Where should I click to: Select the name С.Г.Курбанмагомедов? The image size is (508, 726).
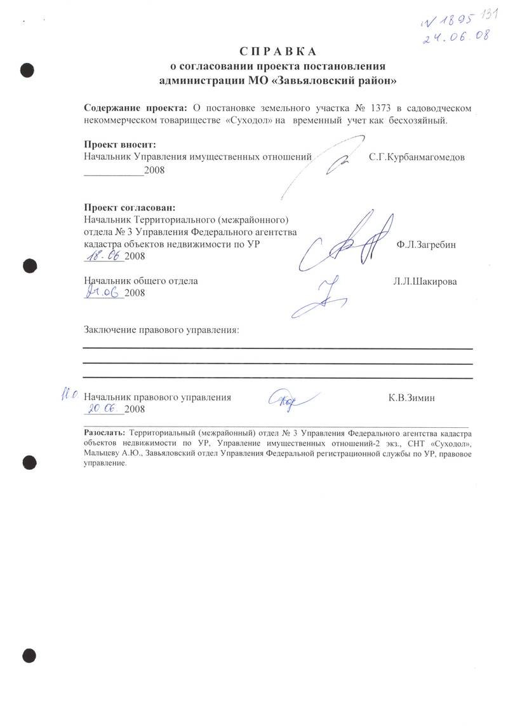[x=417, y=156]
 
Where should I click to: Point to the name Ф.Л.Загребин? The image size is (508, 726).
[x=425, y=244]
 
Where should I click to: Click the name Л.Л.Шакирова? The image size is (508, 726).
[x=425, y=281]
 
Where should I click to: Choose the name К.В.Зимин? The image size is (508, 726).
[x=415, y=398]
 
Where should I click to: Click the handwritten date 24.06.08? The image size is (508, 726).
[x=457, y=36]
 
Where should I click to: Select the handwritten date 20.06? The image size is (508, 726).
[x=105, y=409]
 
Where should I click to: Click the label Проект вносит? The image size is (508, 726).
[x=119, y=144]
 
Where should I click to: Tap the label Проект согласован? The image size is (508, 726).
[x=130, y=207]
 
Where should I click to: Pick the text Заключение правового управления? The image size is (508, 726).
[x=163, y=330]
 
